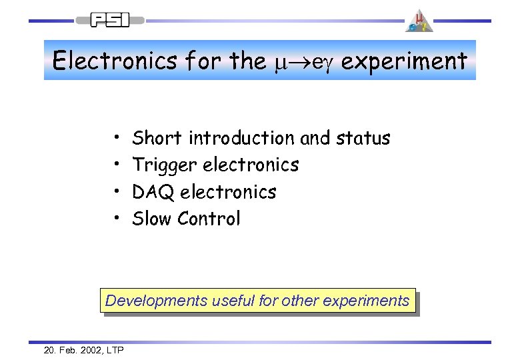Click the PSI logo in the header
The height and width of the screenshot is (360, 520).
click(110, 20)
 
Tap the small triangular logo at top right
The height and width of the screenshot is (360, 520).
click(419, 21)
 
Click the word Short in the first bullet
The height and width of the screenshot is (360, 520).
click(157, 138)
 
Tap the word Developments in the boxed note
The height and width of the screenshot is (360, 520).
click(156, 301)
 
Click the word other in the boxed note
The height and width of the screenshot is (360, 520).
click(300, 301)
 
